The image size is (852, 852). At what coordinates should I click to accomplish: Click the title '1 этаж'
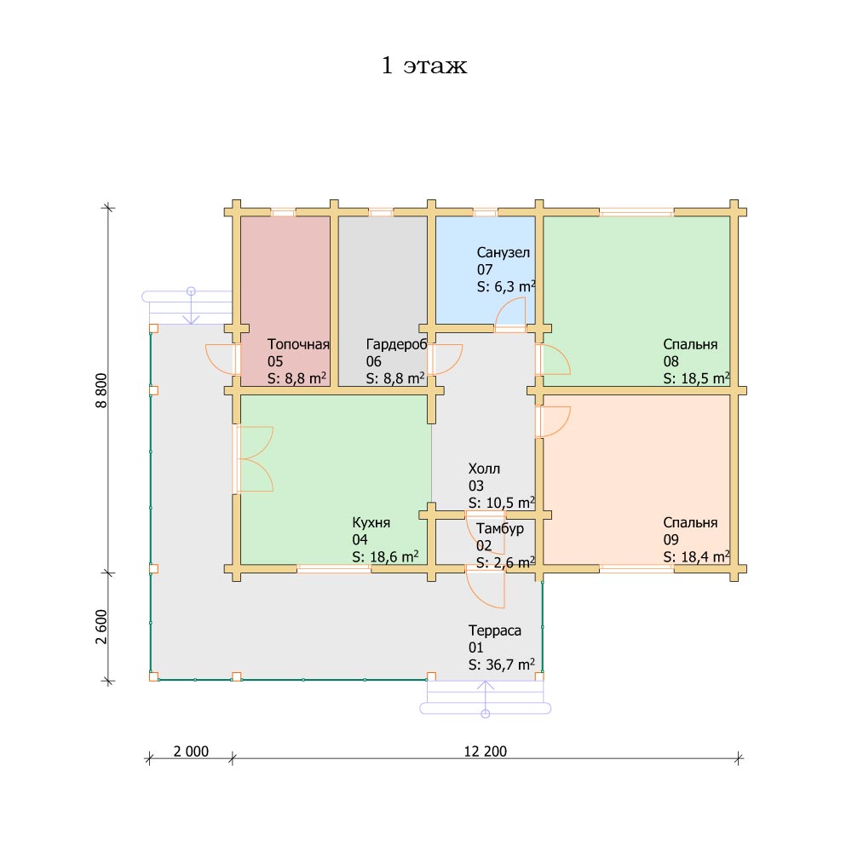424,66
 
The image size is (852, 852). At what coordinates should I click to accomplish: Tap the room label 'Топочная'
298,344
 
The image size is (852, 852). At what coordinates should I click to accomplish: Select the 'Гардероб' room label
397,344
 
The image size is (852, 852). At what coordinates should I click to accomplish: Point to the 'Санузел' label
504,253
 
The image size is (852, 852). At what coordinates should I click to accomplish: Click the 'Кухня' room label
371,523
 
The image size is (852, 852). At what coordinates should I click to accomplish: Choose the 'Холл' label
484,469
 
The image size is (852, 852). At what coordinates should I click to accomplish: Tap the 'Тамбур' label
500,529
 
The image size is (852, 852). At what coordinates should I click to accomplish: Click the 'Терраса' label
494,630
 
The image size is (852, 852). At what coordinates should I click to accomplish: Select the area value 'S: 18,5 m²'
697,378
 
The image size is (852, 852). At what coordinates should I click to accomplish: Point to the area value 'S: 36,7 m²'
502,665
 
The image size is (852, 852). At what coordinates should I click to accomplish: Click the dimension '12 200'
486,751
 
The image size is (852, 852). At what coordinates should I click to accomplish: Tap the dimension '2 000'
191,751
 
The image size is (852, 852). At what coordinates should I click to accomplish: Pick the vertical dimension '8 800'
101,390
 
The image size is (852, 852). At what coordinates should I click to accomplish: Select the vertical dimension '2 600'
101,626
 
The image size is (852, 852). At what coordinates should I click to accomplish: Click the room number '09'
671,539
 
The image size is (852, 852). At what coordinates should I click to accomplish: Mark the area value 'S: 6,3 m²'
506,286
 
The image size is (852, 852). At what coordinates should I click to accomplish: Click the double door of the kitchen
254,459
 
